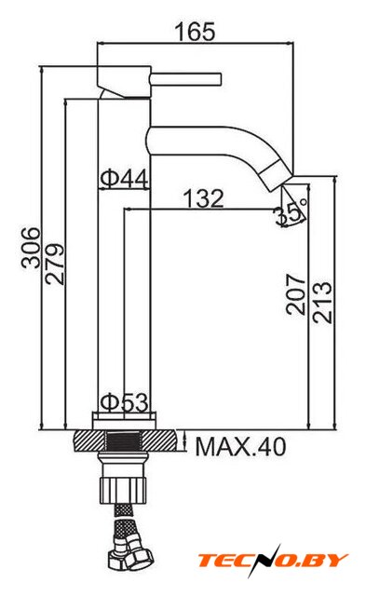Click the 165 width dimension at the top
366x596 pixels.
195,32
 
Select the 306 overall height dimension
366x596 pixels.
31,248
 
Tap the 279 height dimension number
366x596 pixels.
55,264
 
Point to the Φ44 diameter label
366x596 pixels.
124,179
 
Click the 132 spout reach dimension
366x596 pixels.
204,198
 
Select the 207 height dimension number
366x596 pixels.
296,294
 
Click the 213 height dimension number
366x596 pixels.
322,302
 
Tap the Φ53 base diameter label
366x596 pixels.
124,402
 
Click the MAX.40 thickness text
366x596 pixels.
240,446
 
